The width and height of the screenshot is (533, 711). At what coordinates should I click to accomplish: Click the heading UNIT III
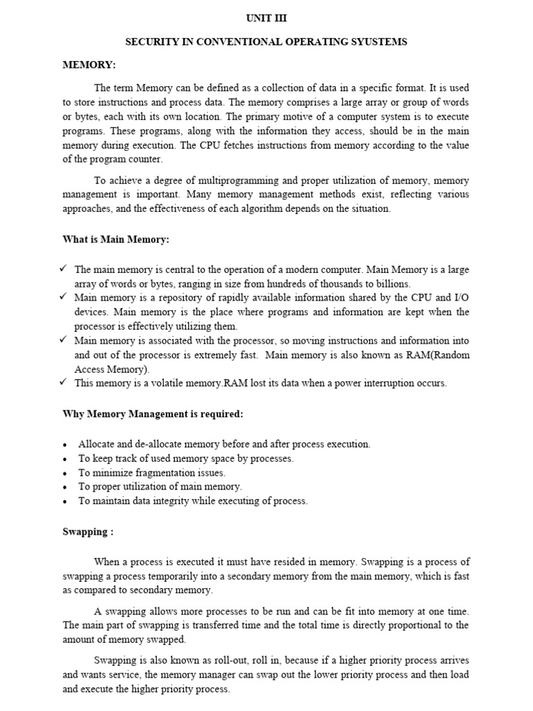[266, 19]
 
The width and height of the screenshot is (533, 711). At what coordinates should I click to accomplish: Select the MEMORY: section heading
[89, 65]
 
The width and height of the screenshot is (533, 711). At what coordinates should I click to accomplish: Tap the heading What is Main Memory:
[115, 240]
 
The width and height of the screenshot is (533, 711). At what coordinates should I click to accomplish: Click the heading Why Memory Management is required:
[153, 415]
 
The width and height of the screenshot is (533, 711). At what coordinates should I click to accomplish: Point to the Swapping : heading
[88, 531]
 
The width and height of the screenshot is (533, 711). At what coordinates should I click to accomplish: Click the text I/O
[459, 298]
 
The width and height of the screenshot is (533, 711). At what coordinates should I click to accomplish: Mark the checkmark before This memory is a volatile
[63, 383]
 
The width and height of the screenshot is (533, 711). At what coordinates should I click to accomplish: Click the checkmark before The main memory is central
[63, 269]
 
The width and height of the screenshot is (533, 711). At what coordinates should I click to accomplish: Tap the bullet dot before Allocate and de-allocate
[65, 445]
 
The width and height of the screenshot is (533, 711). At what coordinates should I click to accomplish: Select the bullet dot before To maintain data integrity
[65, 501]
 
